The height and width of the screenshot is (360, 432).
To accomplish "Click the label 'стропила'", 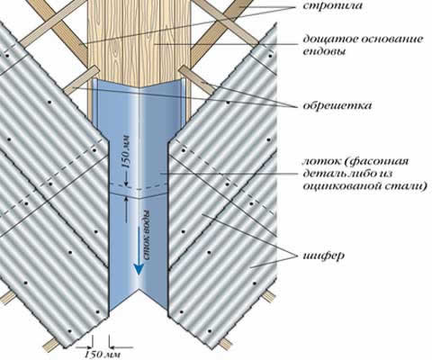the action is pos(332,5).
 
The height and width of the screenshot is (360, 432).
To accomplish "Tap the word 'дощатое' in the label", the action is pos(328,40).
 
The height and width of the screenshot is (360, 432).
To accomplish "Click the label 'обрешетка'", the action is pos(337,105).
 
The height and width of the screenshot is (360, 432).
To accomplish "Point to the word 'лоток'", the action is pos(321,162).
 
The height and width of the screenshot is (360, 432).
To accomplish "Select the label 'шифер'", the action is pos(323,256).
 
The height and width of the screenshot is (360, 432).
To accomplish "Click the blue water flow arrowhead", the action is pos(139,268).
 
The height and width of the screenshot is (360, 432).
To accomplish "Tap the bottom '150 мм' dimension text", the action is pos(102,355).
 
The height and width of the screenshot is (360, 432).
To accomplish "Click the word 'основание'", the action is pos(391,40).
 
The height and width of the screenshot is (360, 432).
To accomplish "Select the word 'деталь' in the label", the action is pos(320,174).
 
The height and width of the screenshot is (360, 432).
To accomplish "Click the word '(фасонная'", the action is pos(376,162).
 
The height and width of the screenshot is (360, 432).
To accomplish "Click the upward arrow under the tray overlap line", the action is pos(126,210).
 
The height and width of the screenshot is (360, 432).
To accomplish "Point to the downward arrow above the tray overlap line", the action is pos(126,179).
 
